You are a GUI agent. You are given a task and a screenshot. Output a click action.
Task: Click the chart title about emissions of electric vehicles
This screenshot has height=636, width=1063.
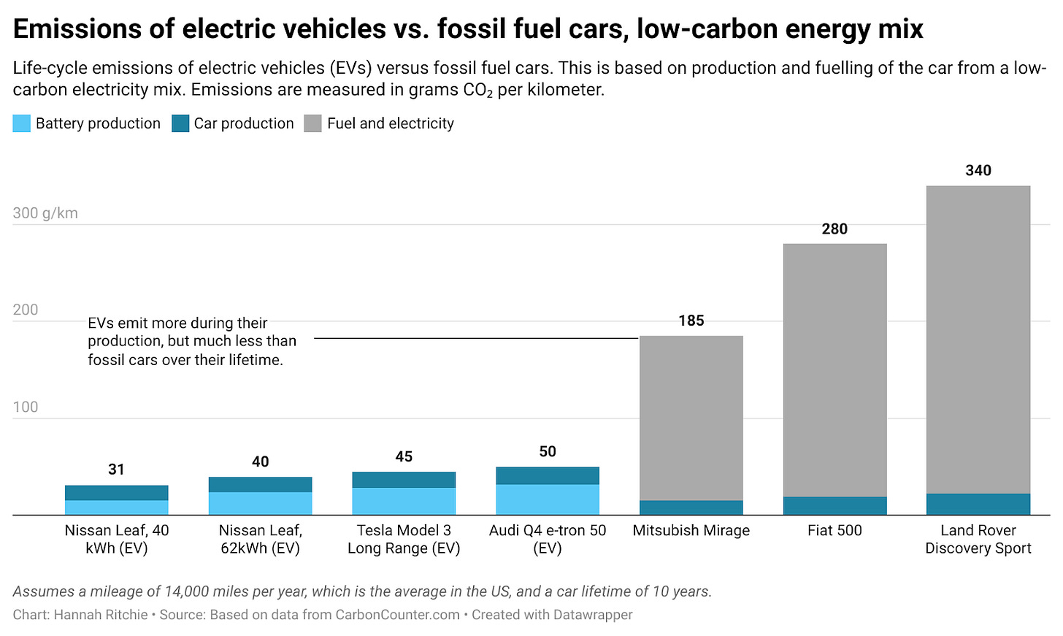click(468, 28)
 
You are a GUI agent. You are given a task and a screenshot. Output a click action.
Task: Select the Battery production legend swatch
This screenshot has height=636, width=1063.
click(21, 123)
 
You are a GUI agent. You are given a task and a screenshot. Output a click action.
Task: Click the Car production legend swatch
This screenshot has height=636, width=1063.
click(180, 123)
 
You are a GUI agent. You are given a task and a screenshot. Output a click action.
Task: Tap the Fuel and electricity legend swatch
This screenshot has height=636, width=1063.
click(312, 123)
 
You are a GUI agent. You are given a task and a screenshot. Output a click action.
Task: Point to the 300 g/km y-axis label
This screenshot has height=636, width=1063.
click(45, 213)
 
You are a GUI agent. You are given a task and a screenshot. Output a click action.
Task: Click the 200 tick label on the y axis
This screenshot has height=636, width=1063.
click(26, 310)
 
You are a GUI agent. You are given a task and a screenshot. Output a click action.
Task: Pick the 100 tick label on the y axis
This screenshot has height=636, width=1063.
click(26, 407)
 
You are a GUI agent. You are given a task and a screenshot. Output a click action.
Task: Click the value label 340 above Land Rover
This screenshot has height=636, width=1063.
click(978, 170)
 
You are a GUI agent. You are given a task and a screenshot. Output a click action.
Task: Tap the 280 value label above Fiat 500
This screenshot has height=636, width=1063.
click(834, 229)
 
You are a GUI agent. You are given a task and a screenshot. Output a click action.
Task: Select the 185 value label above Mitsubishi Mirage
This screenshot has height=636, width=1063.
click(691, 321)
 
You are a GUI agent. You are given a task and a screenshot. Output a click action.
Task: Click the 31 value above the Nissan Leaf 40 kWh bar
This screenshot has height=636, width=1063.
click(116, 470)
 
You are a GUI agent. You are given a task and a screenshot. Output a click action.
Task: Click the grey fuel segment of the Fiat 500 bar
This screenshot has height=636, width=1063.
click(834, 370)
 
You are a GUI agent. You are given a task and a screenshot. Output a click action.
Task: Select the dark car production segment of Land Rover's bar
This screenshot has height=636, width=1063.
click(978, 504)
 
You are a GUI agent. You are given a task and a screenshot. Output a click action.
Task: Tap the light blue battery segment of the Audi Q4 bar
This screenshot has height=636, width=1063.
click(548, 499)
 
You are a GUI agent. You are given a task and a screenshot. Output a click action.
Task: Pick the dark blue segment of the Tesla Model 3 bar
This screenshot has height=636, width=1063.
click(404, 479)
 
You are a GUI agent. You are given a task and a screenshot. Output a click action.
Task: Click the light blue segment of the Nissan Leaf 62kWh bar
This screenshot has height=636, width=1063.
click(261, 503)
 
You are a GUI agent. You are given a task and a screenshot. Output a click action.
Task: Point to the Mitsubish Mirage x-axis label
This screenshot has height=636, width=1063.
click(691, 530)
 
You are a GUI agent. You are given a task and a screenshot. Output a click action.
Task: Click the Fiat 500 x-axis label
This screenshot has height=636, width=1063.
click(834, 530)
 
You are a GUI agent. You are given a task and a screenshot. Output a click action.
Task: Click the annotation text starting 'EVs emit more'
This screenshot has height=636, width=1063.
click(192, 341)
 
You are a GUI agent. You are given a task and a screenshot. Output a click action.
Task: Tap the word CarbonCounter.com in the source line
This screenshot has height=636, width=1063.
click(398, 615)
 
